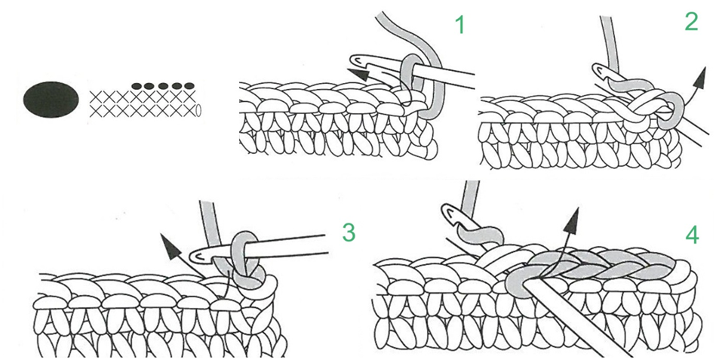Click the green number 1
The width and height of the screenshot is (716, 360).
click(459, 27)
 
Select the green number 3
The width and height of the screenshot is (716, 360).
click(348, 233)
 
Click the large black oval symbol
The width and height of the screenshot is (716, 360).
click(51, 98)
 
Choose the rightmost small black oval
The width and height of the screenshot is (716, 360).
click(189, 86)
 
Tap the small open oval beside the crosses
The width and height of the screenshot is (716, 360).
click(198, 110)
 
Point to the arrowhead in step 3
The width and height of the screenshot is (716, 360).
click(168, 245)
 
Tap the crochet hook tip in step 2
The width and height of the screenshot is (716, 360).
click(601, 72)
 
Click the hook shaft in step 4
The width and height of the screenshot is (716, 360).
click(581, 325)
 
